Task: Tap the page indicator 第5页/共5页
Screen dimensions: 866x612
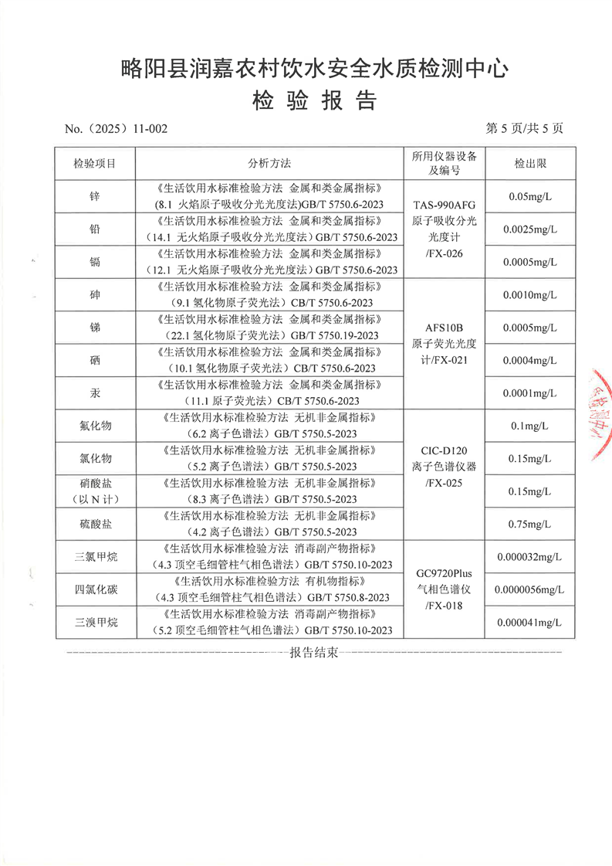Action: click(524, 128)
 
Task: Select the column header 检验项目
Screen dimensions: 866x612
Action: click(95, 164)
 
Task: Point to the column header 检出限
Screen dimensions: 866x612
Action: click(529, 164)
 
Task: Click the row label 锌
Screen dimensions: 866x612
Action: click(95, 196)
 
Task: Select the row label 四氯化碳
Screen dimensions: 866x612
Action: click(95, 590)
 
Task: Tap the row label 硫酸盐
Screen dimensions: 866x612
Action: click(95, 524)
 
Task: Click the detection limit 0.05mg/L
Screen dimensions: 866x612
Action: click(529, 196)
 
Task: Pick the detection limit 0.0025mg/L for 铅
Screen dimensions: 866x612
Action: click(529, 229)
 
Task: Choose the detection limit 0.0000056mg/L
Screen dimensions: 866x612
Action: click(529, 590)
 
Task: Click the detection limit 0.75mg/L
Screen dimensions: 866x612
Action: click(529, 524)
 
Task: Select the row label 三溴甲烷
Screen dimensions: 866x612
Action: click(95, 623)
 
